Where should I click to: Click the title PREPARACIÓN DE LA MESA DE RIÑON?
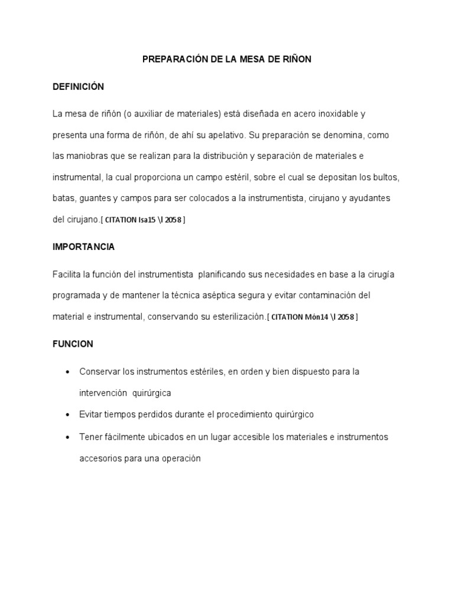(x=227, y=60)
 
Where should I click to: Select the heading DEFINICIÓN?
(x=78, y=87)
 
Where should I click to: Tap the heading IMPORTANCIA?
(x=83, y=247)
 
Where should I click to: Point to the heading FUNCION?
(x=73, y=344)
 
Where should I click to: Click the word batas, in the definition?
(x=64, y=198)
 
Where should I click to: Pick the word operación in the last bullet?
(x=181, y=458)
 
